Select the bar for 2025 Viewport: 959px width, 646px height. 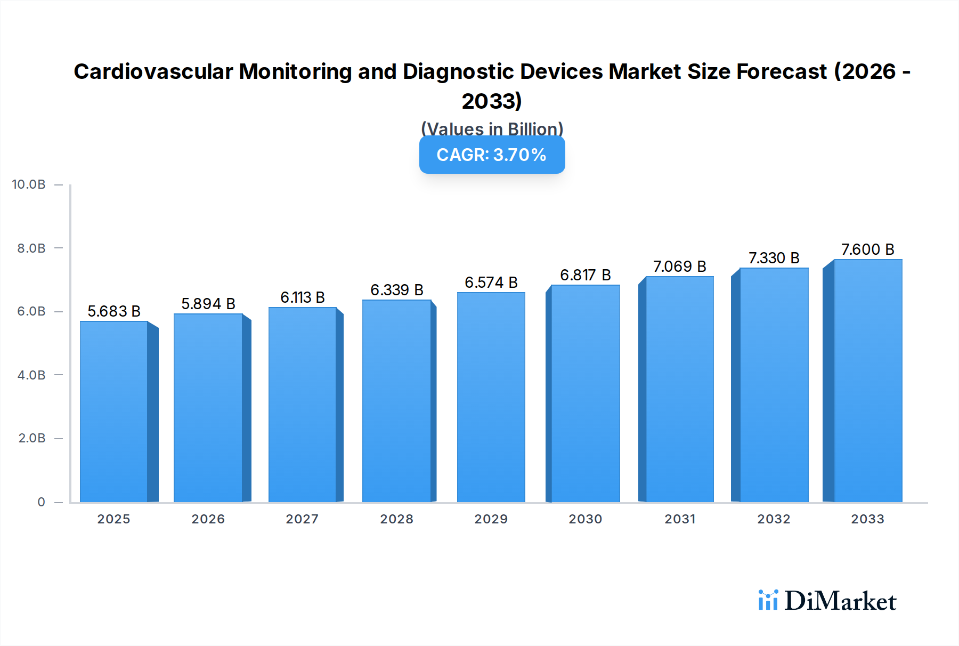tap(113, 411)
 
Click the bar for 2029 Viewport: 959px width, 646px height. tap(491, 397)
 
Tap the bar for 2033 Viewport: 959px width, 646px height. tap(868, 381)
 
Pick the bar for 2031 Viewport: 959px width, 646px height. tap(679, 389)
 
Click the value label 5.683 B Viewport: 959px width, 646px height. tap(114, 311)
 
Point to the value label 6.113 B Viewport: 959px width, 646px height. tap(303, 297)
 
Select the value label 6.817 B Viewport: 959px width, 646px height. tap(585, 275)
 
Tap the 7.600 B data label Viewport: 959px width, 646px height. tap(867, 249)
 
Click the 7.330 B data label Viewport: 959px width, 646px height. tap(774, 258)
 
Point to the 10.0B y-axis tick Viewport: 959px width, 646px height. tap(29, 184)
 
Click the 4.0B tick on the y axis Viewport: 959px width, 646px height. tap(31, 375)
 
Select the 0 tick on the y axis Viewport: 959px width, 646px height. tap(41, 502)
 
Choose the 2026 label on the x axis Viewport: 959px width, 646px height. tap(208, 519)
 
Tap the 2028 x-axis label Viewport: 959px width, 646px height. tap(396, 519)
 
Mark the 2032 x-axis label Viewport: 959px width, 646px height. tap(774, 519)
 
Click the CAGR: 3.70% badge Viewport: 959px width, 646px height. tap(492, 155)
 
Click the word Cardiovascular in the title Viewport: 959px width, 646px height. tap(153, 71)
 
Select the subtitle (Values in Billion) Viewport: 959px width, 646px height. tap(492, 128)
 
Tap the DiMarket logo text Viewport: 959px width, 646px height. tap(840, 601)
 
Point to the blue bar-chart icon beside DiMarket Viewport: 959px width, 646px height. tap(768, 600)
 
